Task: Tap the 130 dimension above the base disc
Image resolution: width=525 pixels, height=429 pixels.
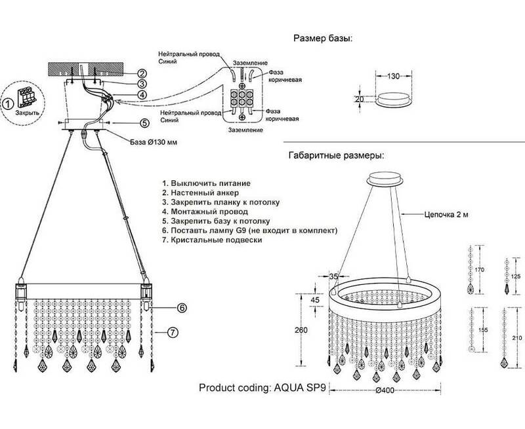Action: click(x=392, y=76)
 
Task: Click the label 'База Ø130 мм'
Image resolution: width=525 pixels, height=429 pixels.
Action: click(x=155, y=141)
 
